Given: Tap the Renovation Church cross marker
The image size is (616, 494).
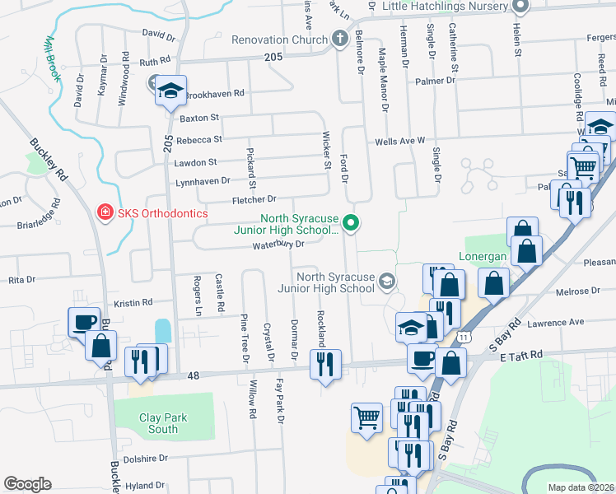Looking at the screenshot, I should pos(339,39).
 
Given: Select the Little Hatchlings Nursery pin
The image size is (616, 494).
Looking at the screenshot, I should pos(519,7).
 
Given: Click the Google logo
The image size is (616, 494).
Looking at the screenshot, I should pos(27,483).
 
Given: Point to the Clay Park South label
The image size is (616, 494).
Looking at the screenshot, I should pos(163,423).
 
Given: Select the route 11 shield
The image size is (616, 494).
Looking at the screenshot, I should pos(466,337).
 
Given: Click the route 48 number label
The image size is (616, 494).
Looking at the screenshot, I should pos(194,376).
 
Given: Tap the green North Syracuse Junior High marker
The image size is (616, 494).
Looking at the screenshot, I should pos(351,222).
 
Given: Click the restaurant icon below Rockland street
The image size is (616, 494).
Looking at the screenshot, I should pos(325,361).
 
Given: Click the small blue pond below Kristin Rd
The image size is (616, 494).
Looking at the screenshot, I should pos(162,331).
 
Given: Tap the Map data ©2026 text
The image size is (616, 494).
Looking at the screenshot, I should pos(581,487).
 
